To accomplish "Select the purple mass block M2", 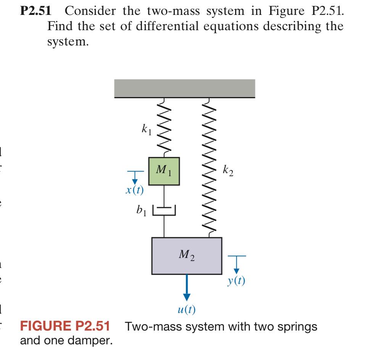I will point(187,255).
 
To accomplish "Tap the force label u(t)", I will point(187,309).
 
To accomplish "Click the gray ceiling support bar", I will point(185,88).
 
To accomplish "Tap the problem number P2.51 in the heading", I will point(35,11).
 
